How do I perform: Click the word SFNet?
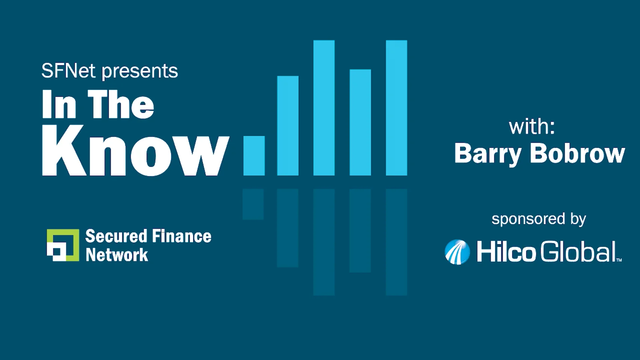click(x=68, y=71)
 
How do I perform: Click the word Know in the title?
click(x=136, y=151)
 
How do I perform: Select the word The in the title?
click(x=121, y=104)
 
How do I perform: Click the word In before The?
click(x=59, y=104)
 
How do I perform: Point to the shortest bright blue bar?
click(x=254, y=156)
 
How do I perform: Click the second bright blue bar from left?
click(x=288, y=126)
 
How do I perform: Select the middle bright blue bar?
click(x=324, y=108)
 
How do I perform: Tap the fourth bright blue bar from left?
click(x=360, y=122)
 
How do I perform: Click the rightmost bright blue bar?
click(x=396, y=108)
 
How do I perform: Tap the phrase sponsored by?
click(x=539, y=219)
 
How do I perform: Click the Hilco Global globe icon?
click(x=457, y=252)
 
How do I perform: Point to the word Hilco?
click(x=506, y=251)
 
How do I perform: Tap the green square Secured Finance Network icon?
click(x=63, y=245)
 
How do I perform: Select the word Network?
click(x=117, y=255)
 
